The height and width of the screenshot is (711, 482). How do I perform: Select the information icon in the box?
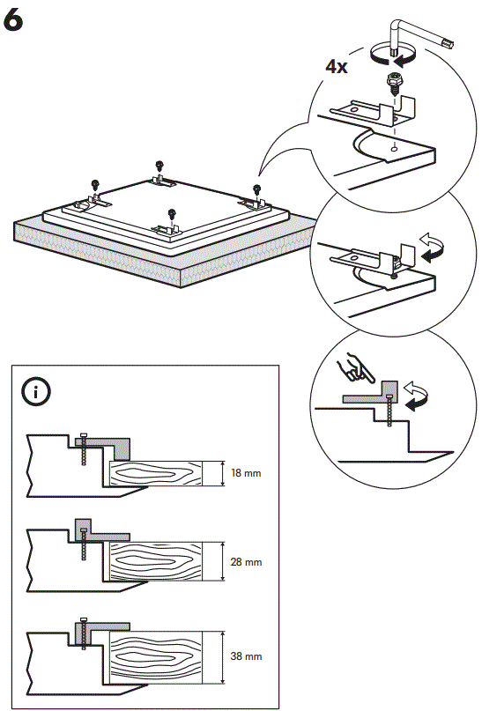[35, 392]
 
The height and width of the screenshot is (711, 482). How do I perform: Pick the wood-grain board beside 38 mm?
[162, 655]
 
